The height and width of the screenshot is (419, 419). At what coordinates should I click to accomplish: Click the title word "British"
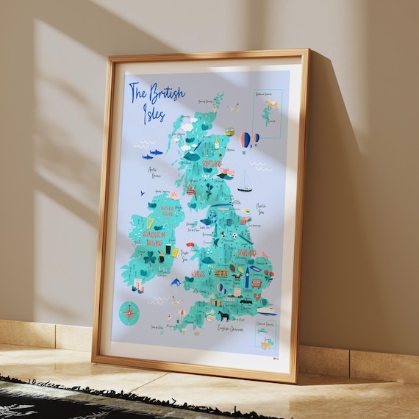coord(167,94)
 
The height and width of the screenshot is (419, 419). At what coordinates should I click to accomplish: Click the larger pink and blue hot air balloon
coord(246,139)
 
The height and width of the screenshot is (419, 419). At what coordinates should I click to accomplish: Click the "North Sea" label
coord(263,210)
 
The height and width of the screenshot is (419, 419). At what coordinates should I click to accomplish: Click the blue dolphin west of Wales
coord(176,282)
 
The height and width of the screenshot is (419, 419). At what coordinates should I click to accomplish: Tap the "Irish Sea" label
coord(185,254)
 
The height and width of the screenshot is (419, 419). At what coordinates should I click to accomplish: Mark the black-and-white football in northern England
coord(233,236)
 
